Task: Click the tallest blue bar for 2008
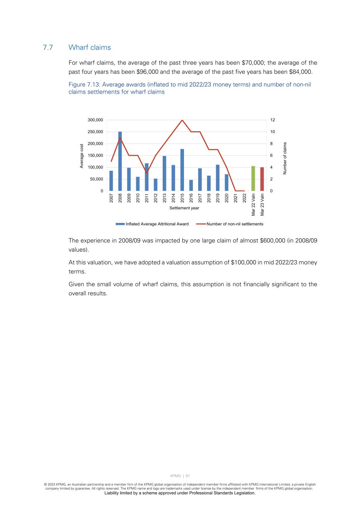120,161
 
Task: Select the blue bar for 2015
182,170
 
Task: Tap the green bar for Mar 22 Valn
253,179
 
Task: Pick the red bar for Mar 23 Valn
262,179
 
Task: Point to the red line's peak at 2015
182,120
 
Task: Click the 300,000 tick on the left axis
96,120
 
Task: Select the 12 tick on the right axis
273,120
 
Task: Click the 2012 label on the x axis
156,198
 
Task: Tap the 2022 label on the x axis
244,198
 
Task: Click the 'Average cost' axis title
82,156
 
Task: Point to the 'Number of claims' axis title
285,158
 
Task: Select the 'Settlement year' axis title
184,208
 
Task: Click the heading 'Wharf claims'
90,47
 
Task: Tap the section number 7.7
48,47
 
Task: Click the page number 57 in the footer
188,476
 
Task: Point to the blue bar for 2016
191,185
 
